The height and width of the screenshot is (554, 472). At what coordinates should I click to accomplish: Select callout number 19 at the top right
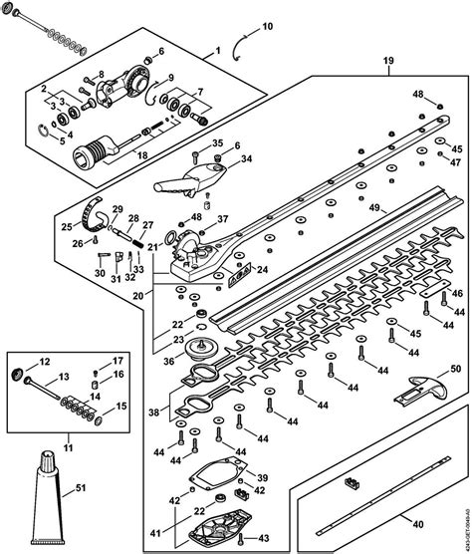387,60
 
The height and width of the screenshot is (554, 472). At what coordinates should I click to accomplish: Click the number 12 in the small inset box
43,361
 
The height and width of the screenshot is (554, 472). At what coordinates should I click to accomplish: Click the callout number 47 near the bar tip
455,162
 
